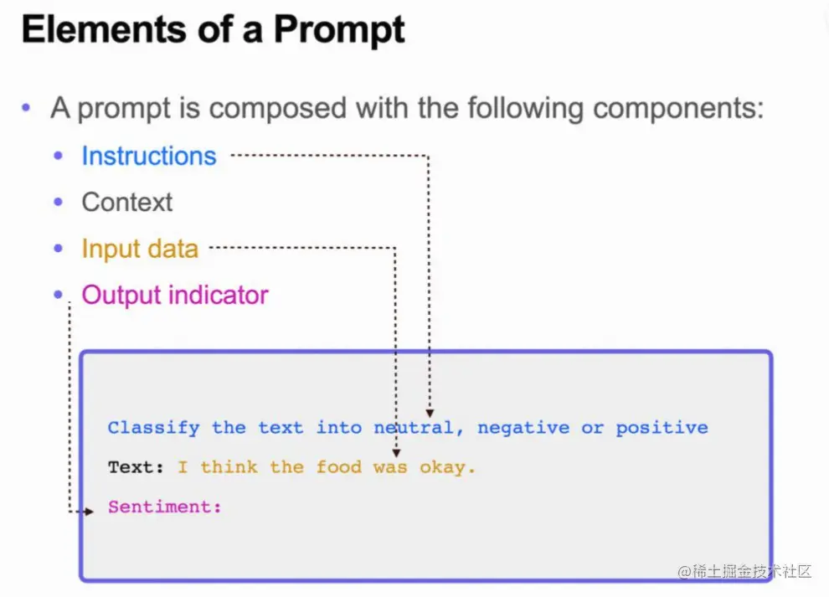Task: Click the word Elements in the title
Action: pyautogui.click(x=105, y=28)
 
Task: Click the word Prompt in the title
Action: pyautogui.click(x=339, y=31)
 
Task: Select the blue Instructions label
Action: pyautogui.click(x=149, y=156)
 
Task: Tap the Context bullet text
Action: pyautogui.click(x=127, y=202)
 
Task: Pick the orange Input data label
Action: pyautogui.click(x=140, y=249)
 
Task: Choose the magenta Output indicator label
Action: pyautogui.click(x=175, y=295)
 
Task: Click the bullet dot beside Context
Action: pyautogui.click(x=58, y=202)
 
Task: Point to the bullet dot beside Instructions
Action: pyautogui.click(x=58, y=156)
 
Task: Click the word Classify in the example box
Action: pyautogui.click(x=154, y=428)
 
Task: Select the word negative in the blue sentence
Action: pyautogui.click(x=523, y=428)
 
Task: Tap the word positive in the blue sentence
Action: pyautogui.click(x=662, y=429)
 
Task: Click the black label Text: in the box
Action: pyautogui.click(x=136, y=467)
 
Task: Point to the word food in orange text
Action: pyautogui.click(x=339, y=467)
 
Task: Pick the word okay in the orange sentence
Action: pyautogui.click(x=442, y=468)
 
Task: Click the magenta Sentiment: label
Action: pyautogui.click(x=165, y=507)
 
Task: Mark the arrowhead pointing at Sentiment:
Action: pyautogui.click(x=89, y=512)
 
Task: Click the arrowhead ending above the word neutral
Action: pyautogui.click(x=430, y=413)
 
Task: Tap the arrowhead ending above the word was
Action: pyautogui.click(x=397, y=453)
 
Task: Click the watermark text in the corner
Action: pyautogui.click(x=744, y=571)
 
